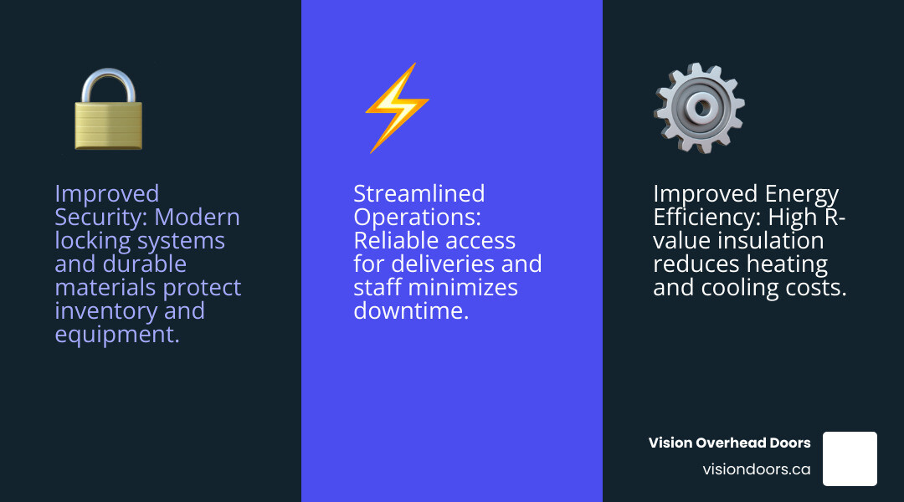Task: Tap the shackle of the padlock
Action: pos(108,84)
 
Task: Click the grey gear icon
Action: pos(699,108)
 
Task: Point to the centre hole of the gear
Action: pos(701,106)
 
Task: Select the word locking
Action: pos(92,241)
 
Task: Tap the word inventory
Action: pos(105,311)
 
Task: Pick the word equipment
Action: pos(116,335)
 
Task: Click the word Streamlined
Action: pos(419,194)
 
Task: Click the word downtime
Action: pos(409,311)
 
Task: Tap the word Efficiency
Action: pos(699,218)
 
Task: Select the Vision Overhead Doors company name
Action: pos(729,443)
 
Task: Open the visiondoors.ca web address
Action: pos(756,469)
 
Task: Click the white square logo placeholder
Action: pos(850,458)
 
